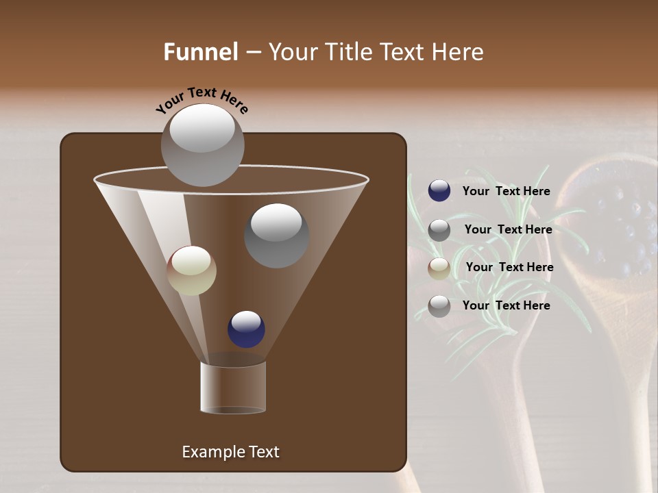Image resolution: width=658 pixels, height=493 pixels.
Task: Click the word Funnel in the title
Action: click(201, 52)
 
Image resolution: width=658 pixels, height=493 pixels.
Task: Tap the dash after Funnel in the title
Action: click(253, 53)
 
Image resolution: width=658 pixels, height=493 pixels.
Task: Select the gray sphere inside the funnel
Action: click(277, 236)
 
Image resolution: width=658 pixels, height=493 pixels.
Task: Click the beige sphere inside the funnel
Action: click(192, 271)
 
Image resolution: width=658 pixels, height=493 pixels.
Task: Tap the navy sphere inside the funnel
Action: click(246, 329)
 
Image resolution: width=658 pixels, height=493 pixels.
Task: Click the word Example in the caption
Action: click(213, 452)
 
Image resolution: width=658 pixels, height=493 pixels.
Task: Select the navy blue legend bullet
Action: click(439, 191)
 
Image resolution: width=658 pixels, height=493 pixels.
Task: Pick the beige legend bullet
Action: click(439, 268)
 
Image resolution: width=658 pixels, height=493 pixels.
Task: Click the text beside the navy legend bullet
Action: click(506, 192)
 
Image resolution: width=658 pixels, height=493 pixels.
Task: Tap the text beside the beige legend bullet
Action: click(509, 267)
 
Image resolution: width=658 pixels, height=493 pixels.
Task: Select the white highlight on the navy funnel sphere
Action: click(247, 320)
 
